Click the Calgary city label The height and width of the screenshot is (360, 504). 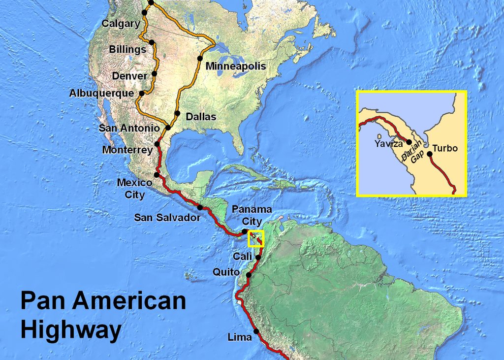[x=121, y=24]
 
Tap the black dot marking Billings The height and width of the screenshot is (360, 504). [x=152, y=42]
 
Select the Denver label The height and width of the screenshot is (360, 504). [x=129, y=76]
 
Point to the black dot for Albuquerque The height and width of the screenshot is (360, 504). [x=142, y=93]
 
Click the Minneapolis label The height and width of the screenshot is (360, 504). [x=236, y=66]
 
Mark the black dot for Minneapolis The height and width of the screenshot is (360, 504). [x=200, y=58]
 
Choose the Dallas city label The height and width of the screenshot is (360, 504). [x=201, y=117]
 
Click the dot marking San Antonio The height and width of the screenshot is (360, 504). [x=168, y=128]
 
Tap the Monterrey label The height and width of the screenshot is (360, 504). [x=127, y=150]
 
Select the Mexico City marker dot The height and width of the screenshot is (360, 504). [x=157, y=174]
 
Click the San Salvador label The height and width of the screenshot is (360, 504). [x=167, y=217]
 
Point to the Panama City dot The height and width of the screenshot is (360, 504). [x=245, y=231]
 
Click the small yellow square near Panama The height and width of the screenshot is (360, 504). [x=256, y=238]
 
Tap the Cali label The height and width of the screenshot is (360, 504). [x=243, y=257]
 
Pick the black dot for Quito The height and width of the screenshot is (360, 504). [x=249, y=275]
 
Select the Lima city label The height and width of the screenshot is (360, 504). [x=240, y=337]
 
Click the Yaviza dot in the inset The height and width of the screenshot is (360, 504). [x=409, y=142]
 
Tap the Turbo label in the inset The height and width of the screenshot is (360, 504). [x=445, y=148]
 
